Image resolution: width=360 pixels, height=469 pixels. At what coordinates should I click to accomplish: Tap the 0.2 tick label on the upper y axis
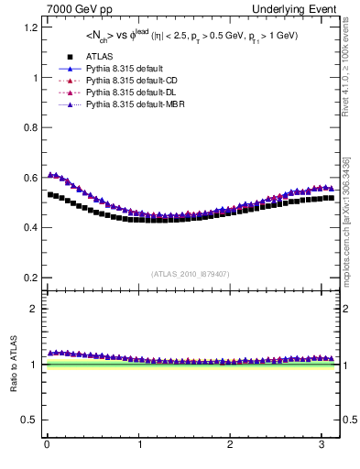coord(30,278)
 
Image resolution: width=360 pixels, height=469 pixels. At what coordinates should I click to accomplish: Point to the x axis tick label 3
coord(322,446)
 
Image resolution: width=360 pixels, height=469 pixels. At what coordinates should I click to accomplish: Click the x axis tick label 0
coord(47,446)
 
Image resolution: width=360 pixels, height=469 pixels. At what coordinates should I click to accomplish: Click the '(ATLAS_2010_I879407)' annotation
coord(191,273)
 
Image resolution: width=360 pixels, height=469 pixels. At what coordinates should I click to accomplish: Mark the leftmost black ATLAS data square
coord(51,194)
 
